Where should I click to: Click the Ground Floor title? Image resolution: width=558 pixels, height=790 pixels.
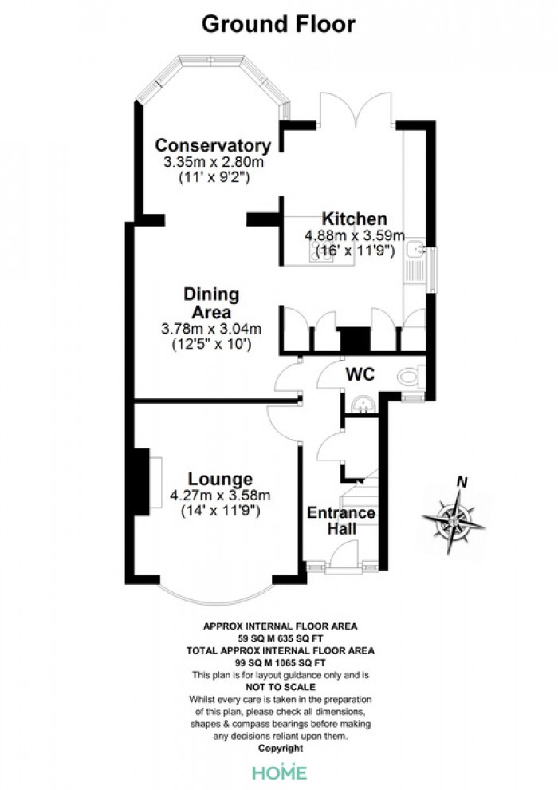[x=278, y=24]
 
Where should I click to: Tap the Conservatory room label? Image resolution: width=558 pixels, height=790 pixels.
[x=212, y=145]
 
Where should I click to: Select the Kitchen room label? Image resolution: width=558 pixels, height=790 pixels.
[x=354, y=219]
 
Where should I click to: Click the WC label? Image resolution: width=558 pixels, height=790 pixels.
[x=360, y=374]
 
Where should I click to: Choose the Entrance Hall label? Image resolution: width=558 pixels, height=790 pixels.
[x=341, y=520]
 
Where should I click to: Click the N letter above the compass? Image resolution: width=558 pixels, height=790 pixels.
[x=461, y=481]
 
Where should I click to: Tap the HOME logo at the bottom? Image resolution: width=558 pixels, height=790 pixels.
[x=279, y=772]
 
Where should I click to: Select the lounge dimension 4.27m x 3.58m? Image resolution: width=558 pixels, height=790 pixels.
[x=220, y=496]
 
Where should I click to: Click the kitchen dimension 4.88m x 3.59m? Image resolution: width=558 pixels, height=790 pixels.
[x=354, y=236]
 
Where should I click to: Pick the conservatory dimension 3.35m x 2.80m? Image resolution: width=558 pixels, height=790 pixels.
[x=212, y=162]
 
